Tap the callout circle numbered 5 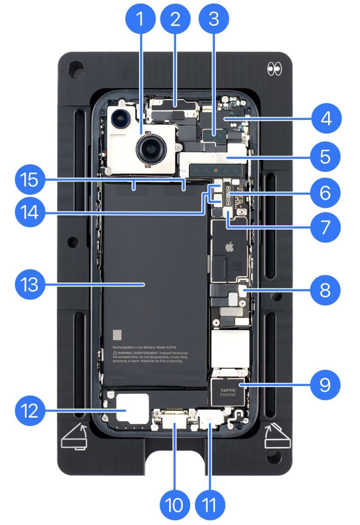[x=325, y=156]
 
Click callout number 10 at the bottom [x=175, y=506]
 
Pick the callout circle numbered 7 [x=325, y=227]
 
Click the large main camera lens [x=150, y=150]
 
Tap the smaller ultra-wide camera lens [x=119, y=117]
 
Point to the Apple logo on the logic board [x=228, y=248]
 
